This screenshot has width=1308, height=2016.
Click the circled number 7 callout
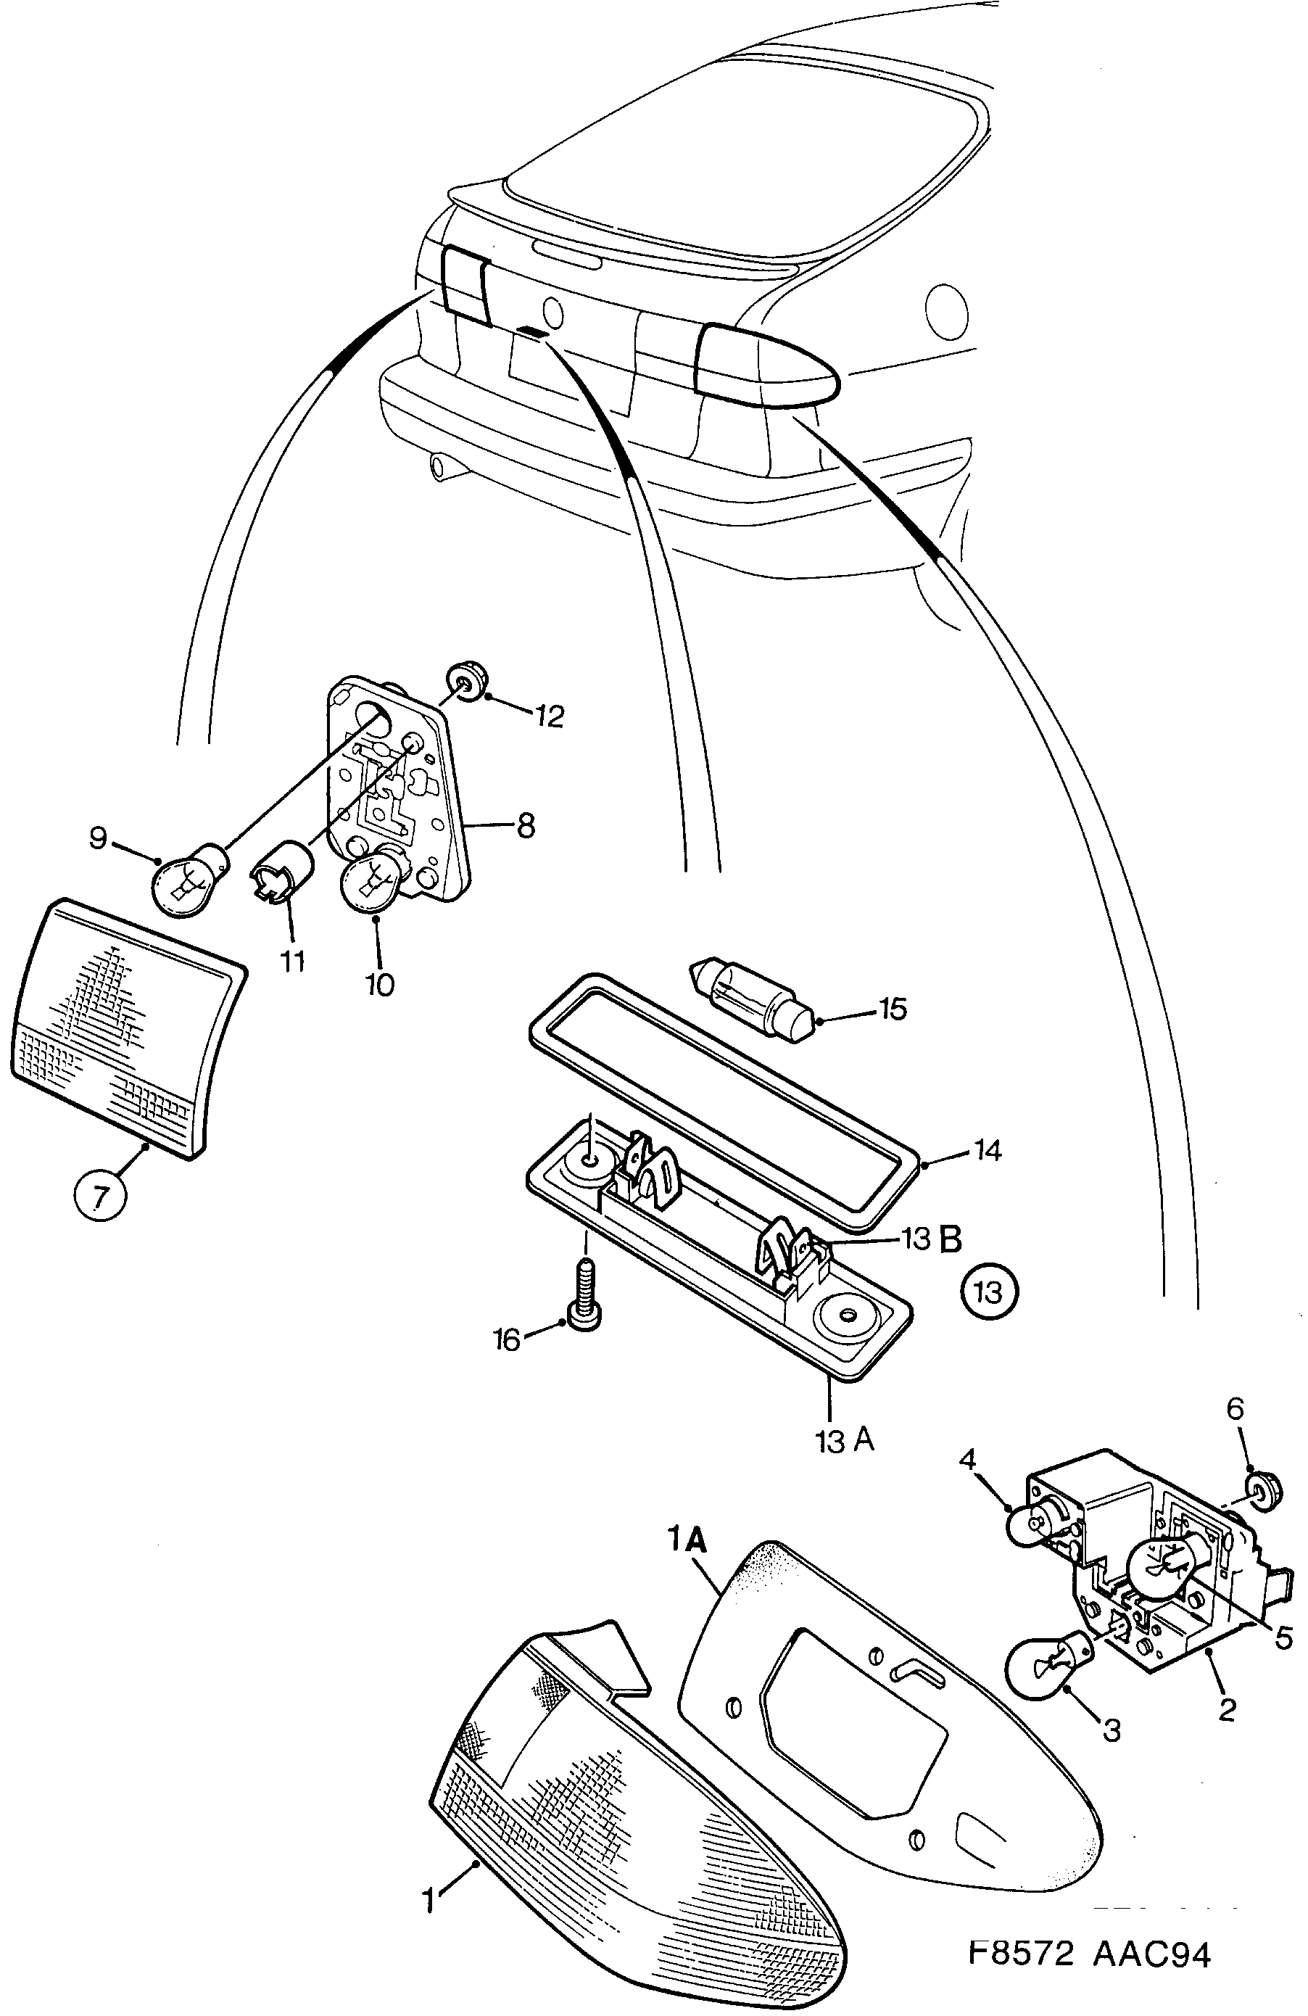[x=101, y=1199]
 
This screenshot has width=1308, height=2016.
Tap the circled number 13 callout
[x=990, y=1292]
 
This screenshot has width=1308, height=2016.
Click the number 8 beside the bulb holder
[x=525, y=826]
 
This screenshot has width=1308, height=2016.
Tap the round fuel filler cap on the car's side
[x=946, y=311]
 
